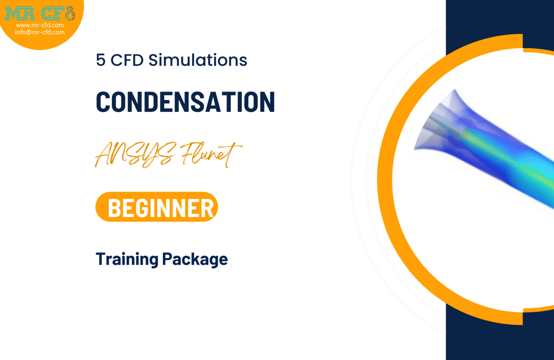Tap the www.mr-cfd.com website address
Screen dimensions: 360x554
click(x=40, y=25)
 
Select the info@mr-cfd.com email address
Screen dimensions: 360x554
click(x=40, y=32)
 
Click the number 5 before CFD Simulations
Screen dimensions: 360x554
click(x=101, y=60)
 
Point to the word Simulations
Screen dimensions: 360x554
click(x=198, y=60)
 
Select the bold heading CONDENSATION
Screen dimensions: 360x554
click(x=185, y=102)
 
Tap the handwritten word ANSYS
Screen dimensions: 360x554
click(x=135, y=154)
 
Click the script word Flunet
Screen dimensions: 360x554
click(x=211, y=154)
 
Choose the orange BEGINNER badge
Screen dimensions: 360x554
click(x=157, y=207)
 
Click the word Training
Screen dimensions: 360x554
click(x=127, y=259)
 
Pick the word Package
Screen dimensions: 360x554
click(x=195, y=259)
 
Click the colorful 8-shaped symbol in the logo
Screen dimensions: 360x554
click(x=70, y=14)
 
